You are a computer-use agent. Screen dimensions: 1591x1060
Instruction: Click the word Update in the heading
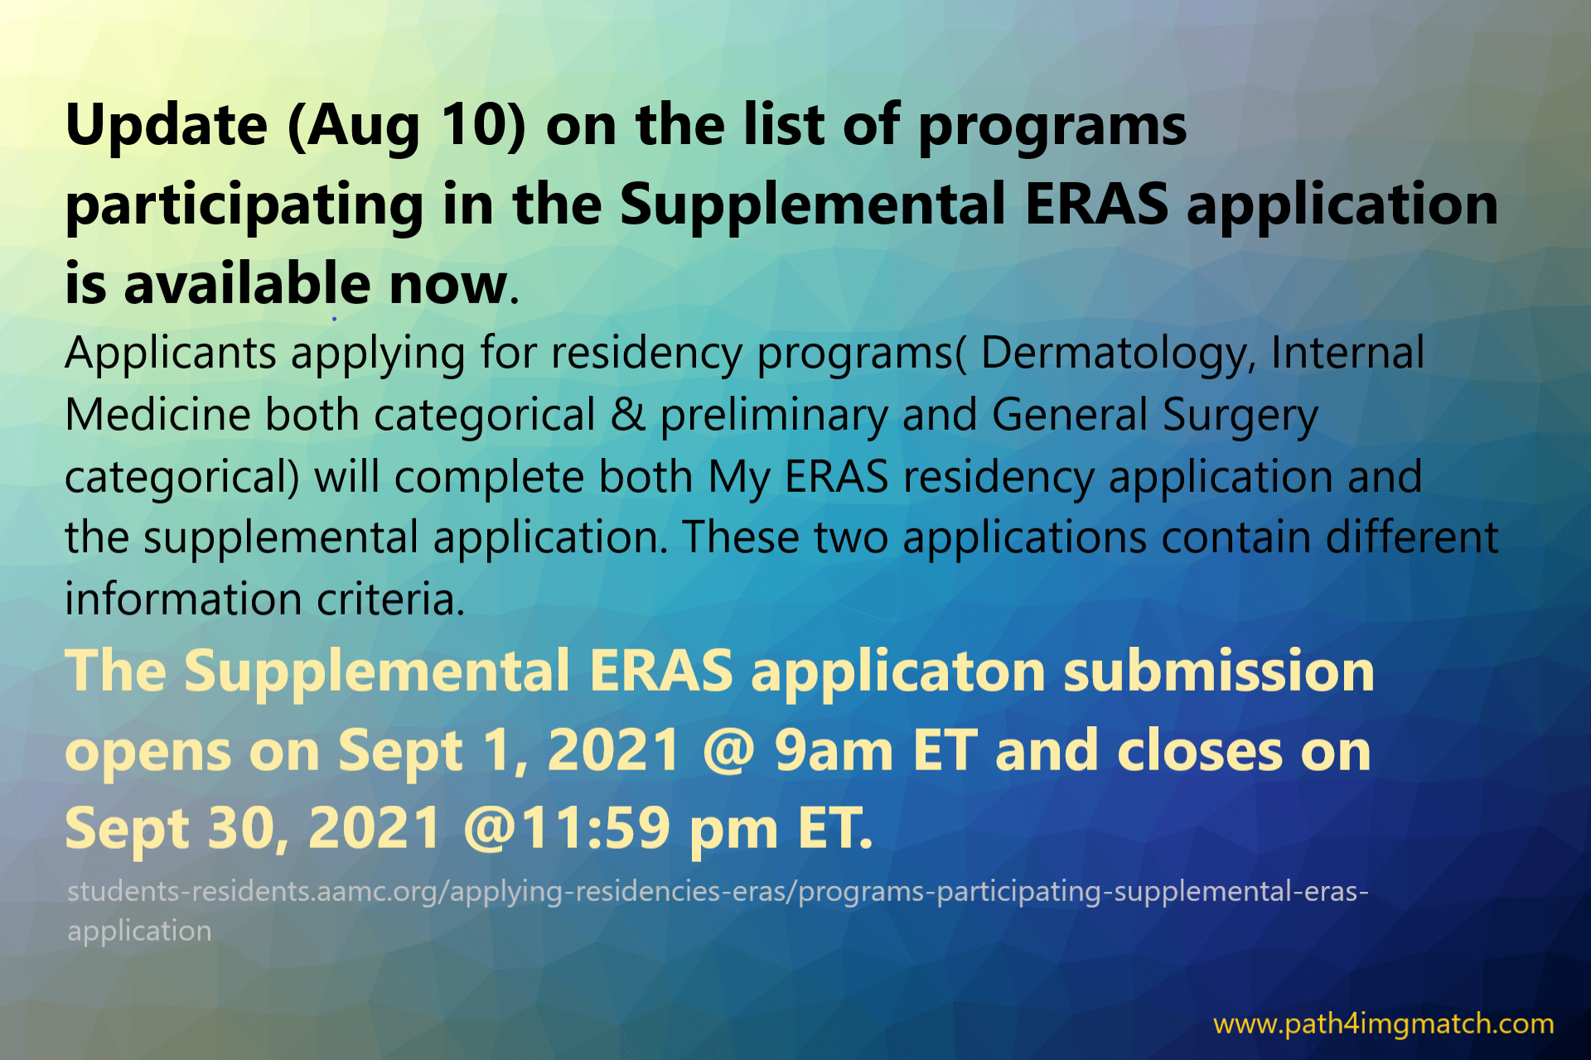pos(167,126)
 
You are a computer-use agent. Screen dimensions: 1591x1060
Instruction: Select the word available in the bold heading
pos(246,283)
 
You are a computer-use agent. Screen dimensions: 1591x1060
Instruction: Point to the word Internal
pos(1347,352)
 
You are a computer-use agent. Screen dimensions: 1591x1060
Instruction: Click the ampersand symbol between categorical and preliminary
pos(628,415)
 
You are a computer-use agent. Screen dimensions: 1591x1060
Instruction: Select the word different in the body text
pos(1412,537)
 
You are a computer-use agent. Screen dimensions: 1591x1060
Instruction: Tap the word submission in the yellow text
pos(1219,671)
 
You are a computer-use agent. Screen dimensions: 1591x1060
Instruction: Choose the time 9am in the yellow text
pos(834,750)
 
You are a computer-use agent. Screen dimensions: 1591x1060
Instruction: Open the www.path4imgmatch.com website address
pos(1384,1024)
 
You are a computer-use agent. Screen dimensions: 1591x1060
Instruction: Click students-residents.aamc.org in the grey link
pos(254,891)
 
